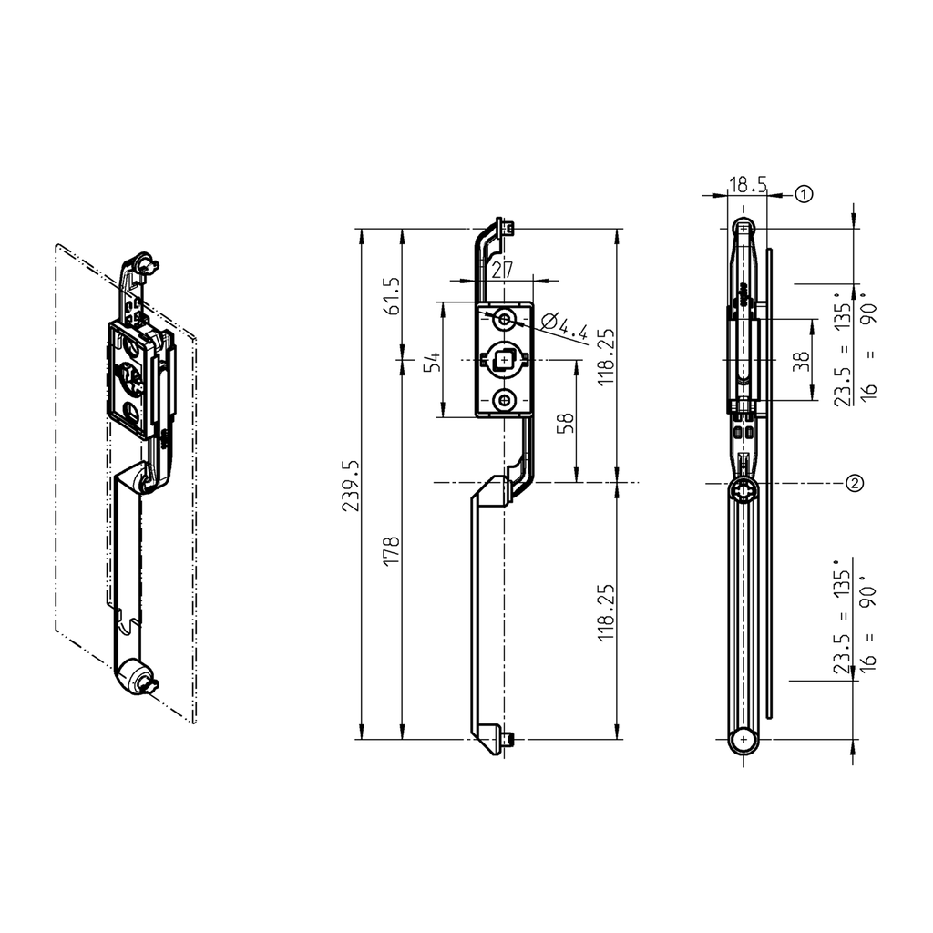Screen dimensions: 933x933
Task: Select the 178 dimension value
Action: click(x=393, y=552)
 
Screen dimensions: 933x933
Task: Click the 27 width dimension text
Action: click(x=500, y=270)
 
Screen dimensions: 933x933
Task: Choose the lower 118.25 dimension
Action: click(x=608, y=613)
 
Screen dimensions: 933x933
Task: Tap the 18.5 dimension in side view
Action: click(x=746, y=185)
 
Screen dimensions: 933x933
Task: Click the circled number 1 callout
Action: click(x=803, y=193)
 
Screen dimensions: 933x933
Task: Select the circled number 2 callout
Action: click(x=854, y=483)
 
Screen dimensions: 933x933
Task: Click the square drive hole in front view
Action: click(x=504, y=360)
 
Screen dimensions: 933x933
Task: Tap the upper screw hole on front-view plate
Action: click(x=503, y=319)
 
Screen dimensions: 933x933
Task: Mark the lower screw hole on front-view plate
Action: click(x=503, y=401)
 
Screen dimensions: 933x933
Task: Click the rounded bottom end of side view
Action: click(x=744, y=742)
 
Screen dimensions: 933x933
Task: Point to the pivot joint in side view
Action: click(x=744, y=490)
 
